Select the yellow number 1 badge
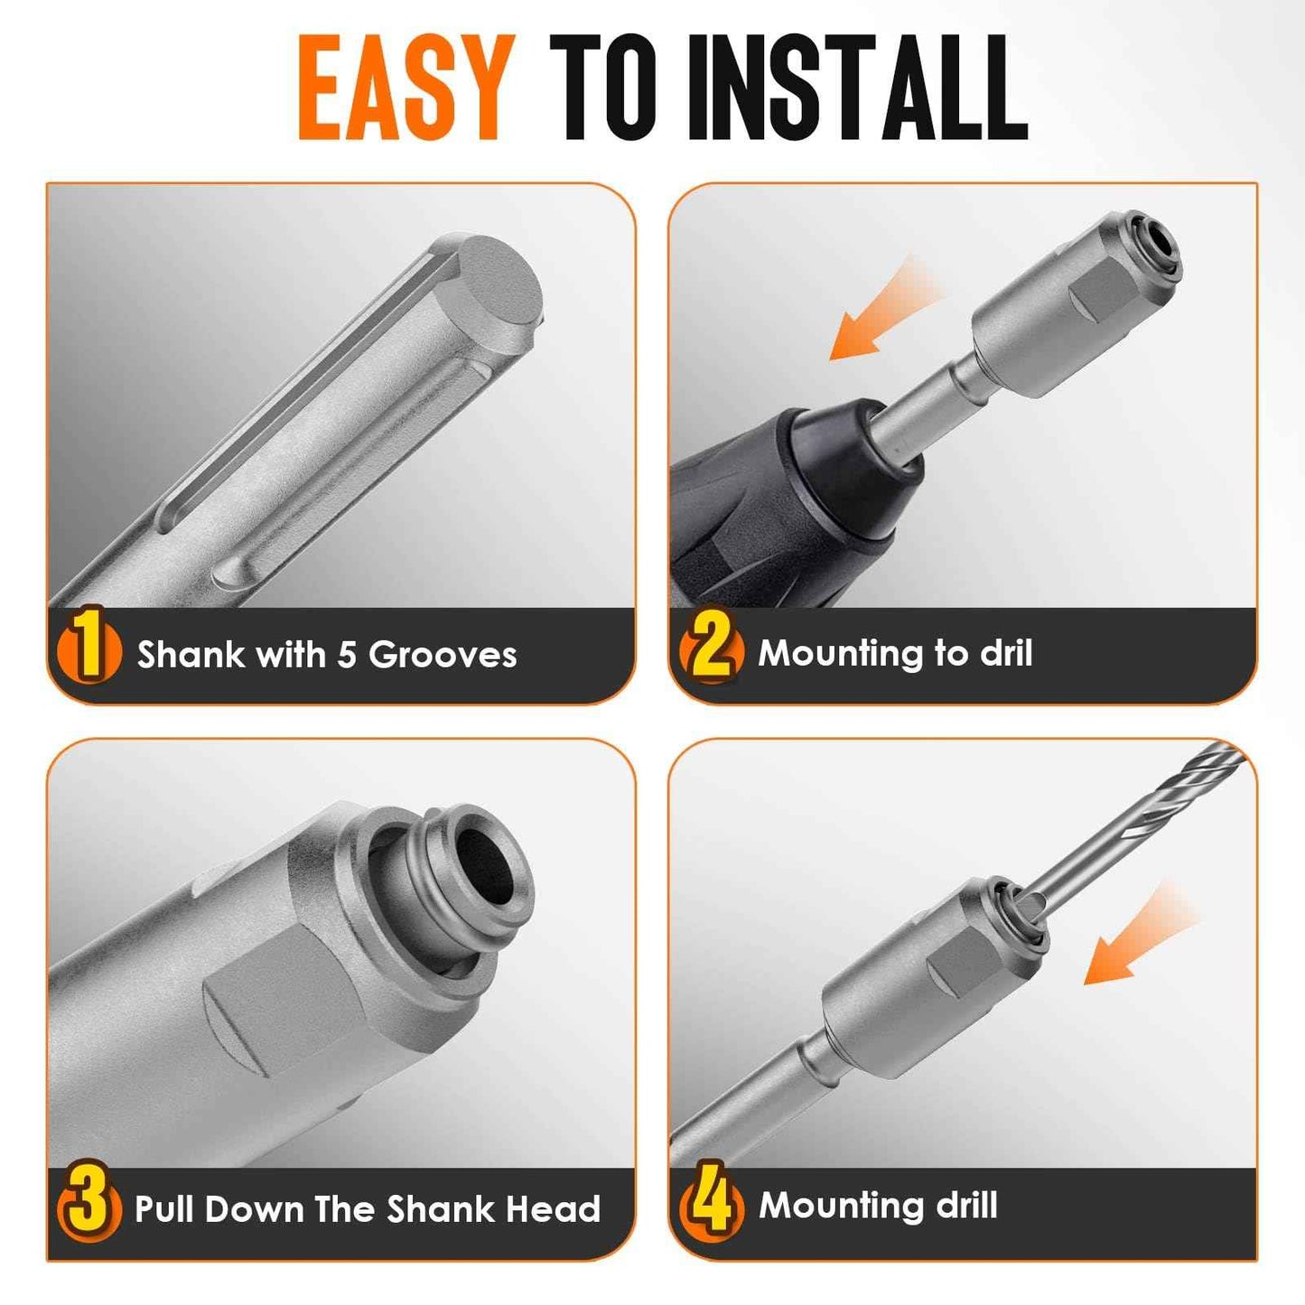pos(88,652)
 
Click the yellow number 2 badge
pos(712,650)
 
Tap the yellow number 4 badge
pos(712,1204)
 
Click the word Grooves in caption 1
pos(443,655)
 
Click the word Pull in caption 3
pos(165,1208)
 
